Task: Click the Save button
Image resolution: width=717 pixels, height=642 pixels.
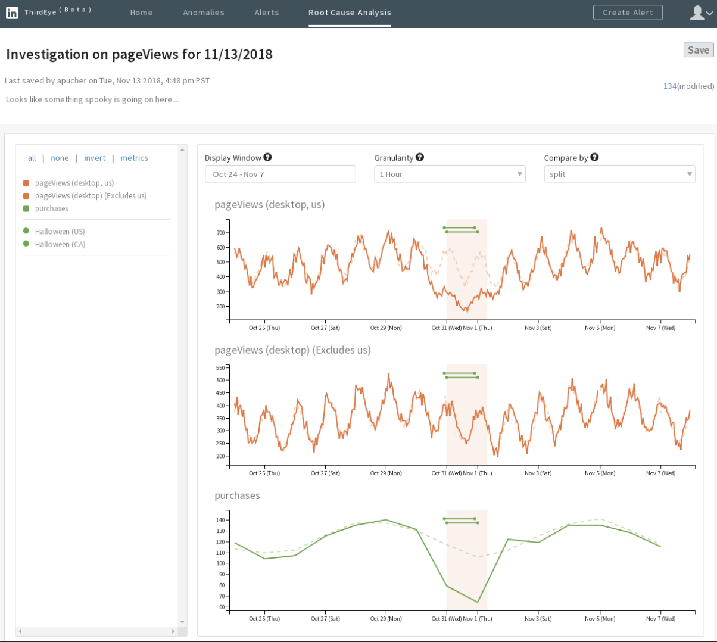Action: (698, 51)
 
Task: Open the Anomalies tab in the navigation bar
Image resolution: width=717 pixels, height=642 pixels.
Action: (204, 13)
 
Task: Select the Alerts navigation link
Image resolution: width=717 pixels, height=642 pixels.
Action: (266, 13)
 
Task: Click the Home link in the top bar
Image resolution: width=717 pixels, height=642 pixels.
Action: (141, 13)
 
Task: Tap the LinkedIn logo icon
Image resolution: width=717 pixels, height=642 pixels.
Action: (12, 13)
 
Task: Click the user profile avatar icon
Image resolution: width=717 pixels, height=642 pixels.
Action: (697, 13)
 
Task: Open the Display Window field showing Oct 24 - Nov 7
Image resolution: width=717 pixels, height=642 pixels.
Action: (280, 174)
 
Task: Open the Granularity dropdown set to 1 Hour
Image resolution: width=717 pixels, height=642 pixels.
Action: (450, 174)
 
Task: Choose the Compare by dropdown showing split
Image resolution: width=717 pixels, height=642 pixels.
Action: (619, 174)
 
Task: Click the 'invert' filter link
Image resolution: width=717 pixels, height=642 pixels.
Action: (95, 158)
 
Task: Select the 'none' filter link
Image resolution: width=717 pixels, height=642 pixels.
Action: (60, 158)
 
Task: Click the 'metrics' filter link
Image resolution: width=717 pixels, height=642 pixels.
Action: (134, 158)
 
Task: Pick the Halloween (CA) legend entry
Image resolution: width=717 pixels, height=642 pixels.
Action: (60, 244)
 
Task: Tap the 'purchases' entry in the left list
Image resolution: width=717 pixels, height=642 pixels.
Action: (51, 208)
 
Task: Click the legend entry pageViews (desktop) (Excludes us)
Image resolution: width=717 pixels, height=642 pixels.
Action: (91, 196)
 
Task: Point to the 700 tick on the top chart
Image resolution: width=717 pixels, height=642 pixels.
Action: (221, 233)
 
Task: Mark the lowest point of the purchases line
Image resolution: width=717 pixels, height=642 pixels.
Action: (478, 602)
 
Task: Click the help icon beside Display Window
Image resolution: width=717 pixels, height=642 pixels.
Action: (268, 157)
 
